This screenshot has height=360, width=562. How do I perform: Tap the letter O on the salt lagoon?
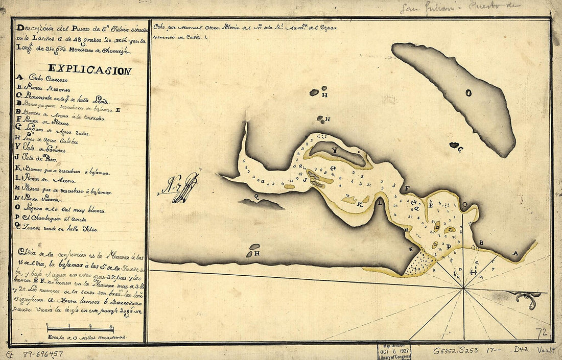click(467, 93)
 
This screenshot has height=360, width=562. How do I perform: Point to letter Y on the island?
click(335, 151)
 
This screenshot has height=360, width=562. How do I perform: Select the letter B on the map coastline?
click(481, 242)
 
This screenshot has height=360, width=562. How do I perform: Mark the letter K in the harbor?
click(360, 205)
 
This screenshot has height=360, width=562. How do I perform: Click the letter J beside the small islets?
click(304, 179)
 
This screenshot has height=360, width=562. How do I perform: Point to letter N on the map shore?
click(410, 249)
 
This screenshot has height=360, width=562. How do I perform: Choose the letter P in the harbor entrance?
click(448, 247)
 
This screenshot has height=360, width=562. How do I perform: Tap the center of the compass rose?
click(463, 289)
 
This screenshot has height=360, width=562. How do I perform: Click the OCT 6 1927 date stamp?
click(394, 351)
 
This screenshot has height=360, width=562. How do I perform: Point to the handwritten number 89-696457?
click(42, 353)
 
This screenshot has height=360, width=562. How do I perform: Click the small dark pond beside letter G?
click(454, 145)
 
